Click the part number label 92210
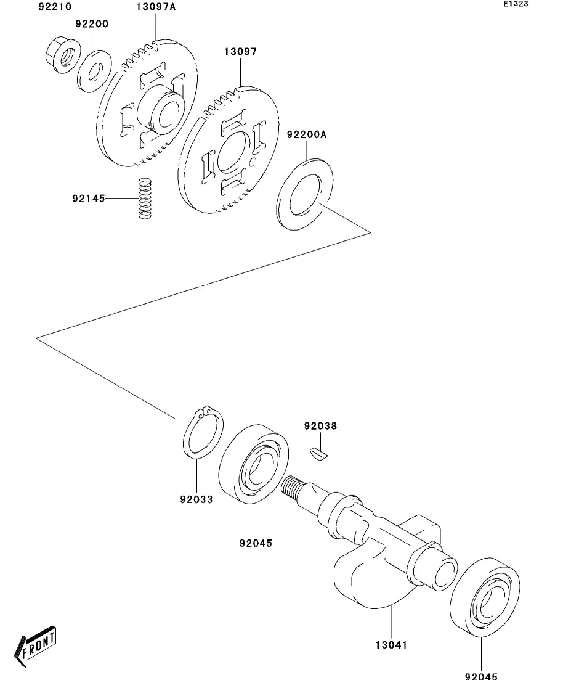pos(55,7)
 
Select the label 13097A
pos(156,7)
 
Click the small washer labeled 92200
pos(94,71)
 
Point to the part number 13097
pos(241,52)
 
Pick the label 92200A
pos(306,134)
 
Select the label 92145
pos(89,199)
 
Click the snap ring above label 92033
pos(203,432)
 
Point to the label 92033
pos(196,499)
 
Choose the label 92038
pos(320,426)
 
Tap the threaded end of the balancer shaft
pos(292,487)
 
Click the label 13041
pos(391,645)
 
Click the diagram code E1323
pos(516,4)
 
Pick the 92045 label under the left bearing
pos(256,543)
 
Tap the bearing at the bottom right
pos(485,597)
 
